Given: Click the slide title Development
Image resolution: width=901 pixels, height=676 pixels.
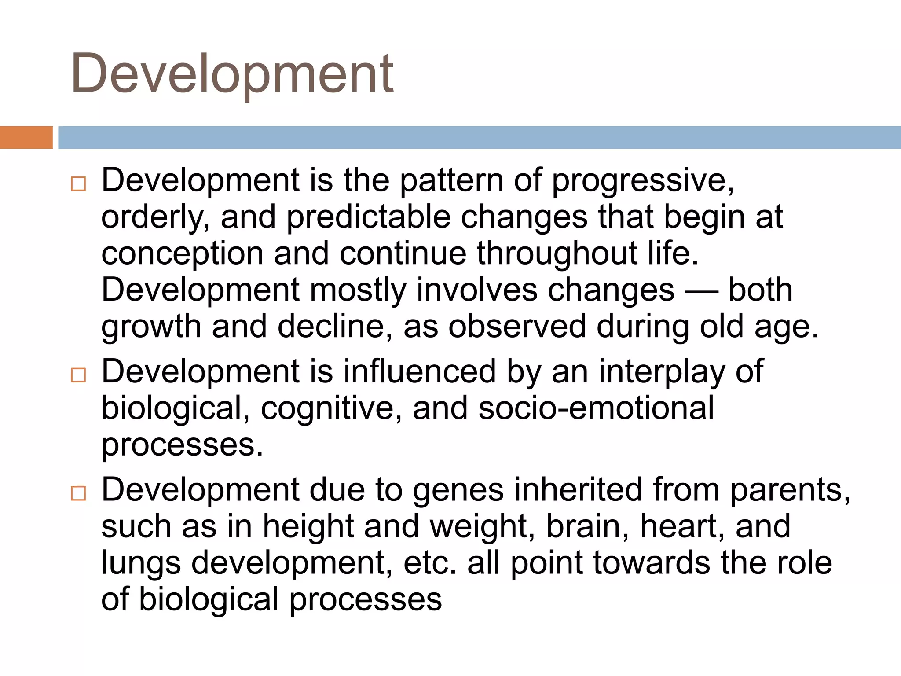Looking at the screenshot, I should pos(232,74).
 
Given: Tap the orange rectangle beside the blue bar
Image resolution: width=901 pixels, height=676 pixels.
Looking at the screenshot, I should pos(26,137).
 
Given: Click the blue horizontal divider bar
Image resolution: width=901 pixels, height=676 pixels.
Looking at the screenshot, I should pos(479,137).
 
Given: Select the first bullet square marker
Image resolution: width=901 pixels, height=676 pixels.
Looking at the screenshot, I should pos(78,184).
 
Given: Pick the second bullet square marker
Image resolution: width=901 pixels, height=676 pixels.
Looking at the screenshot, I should pos(78,375).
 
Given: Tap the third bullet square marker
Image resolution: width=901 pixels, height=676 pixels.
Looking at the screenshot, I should pos(78,493).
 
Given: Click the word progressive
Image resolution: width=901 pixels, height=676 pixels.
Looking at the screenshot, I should pos(642,180).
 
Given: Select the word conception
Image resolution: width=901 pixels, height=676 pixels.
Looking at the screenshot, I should pos(182,254).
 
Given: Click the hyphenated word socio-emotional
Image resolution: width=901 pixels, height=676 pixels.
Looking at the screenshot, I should pos(596,408).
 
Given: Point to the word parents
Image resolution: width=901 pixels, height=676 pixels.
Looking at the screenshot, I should pos(790,490).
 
